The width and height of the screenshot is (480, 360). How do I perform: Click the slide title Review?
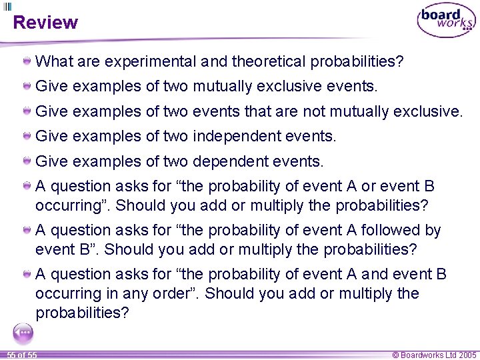click(x=45, y=22)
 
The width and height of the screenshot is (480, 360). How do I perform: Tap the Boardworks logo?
click(x=446, y=21)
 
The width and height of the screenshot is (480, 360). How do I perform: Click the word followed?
click(x=390, y=230)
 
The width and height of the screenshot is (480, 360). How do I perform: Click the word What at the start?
click(x=54, y=62)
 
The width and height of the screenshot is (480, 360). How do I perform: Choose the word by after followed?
click(x=433, y=230)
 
